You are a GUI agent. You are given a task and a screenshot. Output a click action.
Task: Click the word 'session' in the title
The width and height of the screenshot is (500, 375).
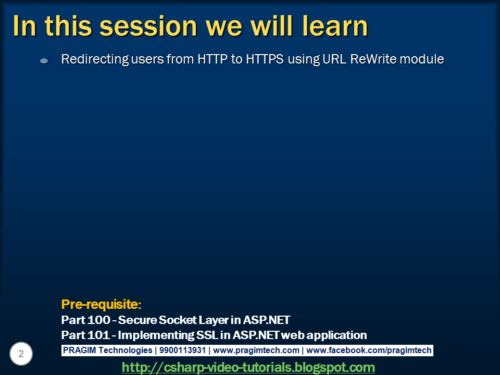(148, 27)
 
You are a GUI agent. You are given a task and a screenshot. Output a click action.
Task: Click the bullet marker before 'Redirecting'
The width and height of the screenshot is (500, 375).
(44, 60)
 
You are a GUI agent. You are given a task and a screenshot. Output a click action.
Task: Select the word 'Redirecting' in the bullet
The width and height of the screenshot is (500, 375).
(95, 59)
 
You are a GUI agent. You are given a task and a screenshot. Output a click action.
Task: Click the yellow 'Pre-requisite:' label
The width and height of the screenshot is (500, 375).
(101, 304)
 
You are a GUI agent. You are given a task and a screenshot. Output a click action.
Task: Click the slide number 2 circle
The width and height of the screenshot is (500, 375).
(21, 354)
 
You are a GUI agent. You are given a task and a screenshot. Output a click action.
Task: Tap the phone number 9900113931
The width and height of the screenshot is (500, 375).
(182, 350)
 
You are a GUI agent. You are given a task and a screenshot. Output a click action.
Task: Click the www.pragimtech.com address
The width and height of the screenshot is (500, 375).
(256, 351)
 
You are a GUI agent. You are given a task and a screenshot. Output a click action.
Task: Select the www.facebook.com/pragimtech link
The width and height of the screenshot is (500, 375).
(369, 351)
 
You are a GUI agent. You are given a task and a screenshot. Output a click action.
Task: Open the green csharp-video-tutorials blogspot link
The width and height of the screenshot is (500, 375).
(248, 367)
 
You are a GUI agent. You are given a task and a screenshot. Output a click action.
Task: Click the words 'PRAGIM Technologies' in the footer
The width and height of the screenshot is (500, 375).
(107, 351)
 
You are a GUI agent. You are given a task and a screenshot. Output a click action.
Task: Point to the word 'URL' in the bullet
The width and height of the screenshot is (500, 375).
(334, 59)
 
